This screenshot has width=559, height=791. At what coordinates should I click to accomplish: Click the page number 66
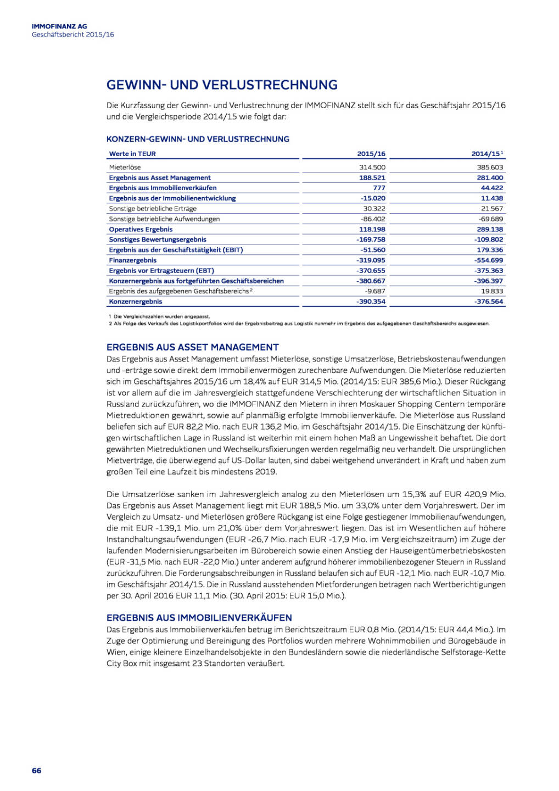36,770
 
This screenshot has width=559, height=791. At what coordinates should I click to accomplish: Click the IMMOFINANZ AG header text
59,26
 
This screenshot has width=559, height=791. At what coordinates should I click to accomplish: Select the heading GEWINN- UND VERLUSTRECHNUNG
222,85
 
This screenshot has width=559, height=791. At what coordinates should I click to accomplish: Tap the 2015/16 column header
371,154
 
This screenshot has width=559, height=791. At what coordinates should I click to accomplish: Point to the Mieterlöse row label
125,167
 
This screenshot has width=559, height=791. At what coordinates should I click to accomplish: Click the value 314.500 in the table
372,167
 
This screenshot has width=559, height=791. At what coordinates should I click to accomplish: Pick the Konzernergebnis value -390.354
371,302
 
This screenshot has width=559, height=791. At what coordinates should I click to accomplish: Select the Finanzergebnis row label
132,260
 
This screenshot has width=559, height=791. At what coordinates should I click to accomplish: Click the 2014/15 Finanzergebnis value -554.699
489,260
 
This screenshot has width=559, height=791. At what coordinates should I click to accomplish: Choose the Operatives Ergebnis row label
141,229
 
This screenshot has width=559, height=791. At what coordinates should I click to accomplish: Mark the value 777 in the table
379,188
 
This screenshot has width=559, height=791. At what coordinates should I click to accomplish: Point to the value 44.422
492,188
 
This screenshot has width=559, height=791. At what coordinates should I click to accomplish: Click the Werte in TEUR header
132,154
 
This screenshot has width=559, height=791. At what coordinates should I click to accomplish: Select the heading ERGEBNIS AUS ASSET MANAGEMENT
193,347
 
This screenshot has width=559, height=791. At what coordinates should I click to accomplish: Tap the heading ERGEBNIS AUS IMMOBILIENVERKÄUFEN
199,617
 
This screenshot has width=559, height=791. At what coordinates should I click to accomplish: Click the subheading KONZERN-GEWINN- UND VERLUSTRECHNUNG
198,139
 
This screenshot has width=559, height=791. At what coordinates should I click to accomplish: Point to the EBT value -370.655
371,270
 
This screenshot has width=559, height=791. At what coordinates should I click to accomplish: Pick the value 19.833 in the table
492,291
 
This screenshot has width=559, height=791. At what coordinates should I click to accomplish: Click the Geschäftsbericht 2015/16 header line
73,35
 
